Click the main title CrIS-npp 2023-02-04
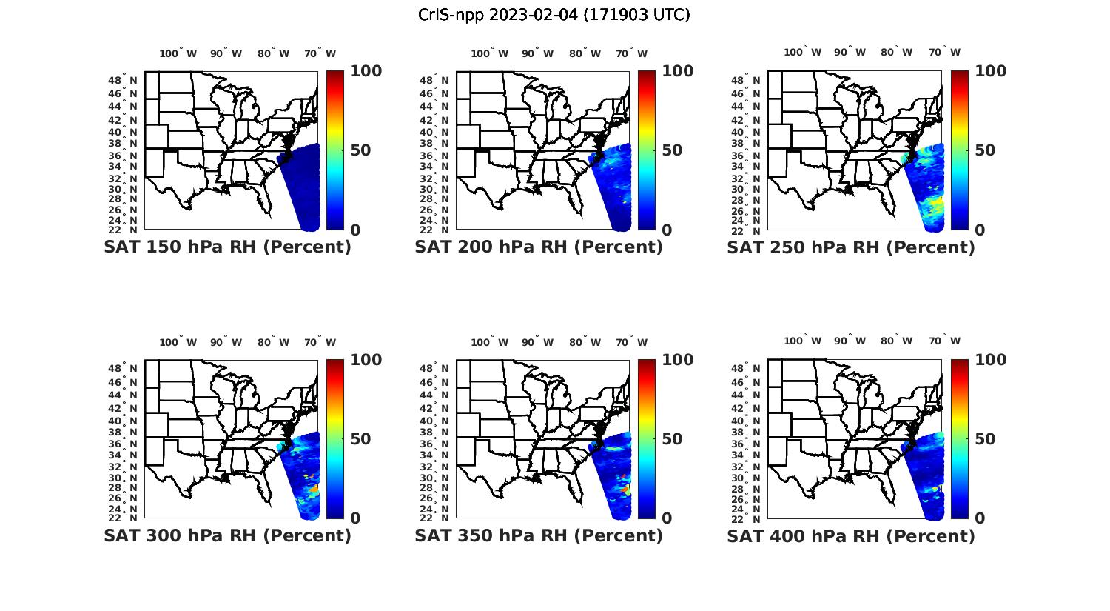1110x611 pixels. tap(554, 15)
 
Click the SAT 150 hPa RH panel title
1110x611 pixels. tap(227, 247)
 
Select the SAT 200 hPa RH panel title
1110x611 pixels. tap(539, 247)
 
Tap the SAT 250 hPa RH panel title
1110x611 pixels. tap(851, 247)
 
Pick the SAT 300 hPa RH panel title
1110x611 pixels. tap(227, 535)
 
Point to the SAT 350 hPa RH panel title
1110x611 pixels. tap(539, 535)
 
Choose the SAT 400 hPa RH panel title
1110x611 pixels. tap(851, 535)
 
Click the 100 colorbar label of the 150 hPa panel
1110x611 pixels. tap(366, 71)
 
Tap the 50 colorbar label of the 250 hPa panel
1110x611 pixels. tap(984, 150)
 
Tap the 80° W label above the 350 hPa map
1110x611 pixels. tap(585, 342)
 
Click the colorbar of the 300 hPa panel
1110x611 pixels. tap(335, 439)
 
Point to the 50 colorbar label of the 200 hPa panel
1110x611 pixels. tap(672, 150)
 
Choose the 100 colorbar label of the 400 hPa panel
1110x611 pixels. tap(990, 360)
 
